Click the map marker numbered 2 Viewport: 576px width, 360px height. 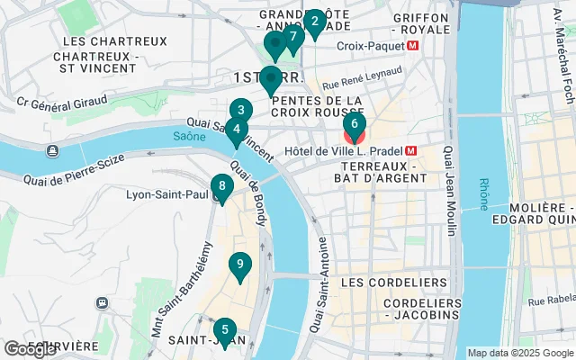click(x=313, y=22)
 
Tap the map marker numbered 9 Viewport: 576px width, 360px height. click(x=238, y=265)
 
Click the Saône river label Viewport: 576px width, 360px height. click(x=185, y=136)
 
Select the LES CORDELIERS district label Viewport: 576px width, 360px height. click(x=394, y=283)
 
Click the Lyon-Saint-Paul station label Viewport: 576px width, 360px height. click(x=166, y=193)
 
